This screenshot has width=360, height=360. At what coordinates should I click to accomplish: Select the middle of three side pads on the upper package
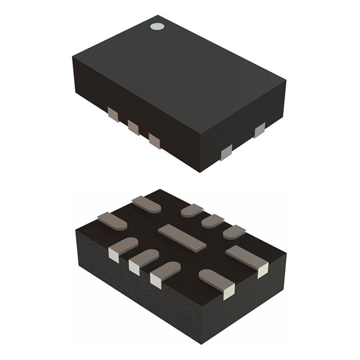pos(133,127)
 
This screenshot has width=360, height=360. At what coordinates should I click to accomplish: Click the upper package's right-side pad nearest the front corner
pos(226,152)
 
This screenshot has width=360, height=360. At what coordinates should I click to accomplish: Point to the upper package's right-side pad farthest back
pos(259,131)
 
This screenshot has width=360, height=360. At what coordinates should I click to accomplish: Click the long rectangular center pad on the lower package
pos(182,236)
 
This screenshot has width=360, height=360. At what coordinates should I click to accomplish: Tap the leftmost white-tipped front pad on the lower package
pos(120,250)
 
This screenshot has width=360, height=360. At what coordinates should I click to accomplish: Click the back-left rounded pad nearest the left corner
pos(112,220)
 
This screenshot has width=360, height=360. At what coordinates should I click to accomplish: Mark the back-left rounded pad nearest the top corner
pos(146,204)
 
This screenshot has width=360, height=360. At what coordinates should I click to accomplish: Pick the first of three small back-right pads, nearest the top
pos(192,210)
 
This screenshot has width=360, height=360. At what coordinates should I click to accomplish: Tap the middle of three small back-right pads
pos(213,220)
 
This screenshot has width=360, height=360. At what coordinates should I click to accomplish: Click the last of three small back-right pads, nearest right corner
pos(234,231)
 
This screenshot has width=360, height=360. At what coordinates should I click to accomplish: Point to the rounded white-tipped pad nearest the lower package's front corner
pos(218,282)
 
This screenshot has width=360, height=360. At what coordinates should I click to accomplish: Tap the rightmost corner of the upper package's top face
pos(286,81)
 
